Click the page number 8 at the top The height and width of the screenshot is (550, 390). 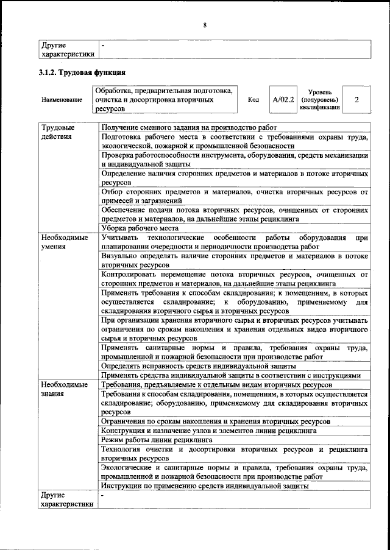[205, 25]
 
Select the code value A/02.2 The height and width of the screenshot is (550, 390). [283, 99]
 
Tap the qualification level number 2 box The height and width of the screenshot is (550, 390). [356, 99]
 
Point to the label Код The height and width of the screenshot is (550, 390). [254, 99]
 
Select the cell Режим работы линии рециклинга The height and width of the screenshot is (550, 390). [157, 439]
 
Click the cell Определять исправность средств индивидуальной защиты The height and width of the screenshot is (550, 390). [199, 366]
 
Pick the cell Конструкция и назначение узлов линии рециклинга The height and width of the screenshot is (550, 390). [208, 429]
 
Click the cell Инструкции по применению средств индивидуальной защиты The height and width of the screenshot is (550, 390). [205, 485]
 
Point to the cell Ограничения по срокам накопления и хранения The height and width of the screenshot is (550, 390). [216, 421]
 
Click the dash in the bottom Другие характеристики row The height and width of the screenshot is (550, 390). [103, 496]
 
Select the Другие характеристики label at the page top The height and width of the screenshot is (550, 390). [67, 49]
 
